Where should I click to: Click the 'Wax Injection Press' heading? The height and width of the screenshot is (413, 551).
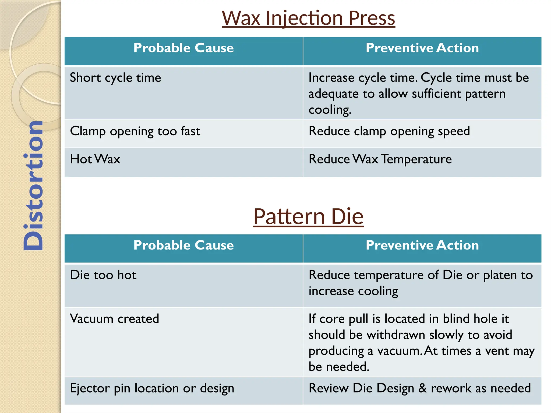pos(308,18)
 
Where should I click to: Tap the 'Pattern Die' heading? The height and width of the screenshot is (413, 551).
pos(308,216)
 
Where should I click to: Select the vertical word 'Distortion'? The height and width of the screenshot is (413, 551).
pos(33,186)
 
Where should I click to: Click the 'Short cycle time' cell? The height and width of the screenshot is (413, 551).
pos(115,78)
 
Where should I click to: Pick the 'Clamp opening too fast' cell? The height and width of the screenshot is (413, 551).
pos(135,131)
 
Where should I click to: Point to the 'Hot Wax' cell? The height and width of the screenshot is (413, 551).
pos(95,159)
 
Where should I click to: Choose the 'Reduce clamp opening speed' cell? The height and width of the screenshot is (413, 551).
pos(389,131)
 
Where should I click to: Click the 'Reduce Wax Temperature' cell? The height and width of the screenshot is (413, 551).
pos(380,159)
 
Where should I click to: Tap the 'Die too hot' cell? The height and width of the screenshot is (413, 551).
pos(103,275)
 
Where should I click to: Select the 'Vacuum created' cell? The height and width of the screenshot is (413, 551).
pos(114,319)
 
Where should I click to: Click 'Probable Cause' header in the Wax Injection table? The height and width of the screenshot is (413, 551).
pos(183,48)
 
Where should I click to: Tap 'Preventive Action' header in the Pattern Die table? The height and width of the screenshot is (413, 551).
pos(422,245)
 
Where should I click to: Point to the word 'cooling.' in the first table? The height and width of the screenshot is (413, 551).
pos(330,110)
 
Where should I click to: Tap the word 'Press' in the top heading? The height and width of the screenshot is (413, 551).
pos(372,18)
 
